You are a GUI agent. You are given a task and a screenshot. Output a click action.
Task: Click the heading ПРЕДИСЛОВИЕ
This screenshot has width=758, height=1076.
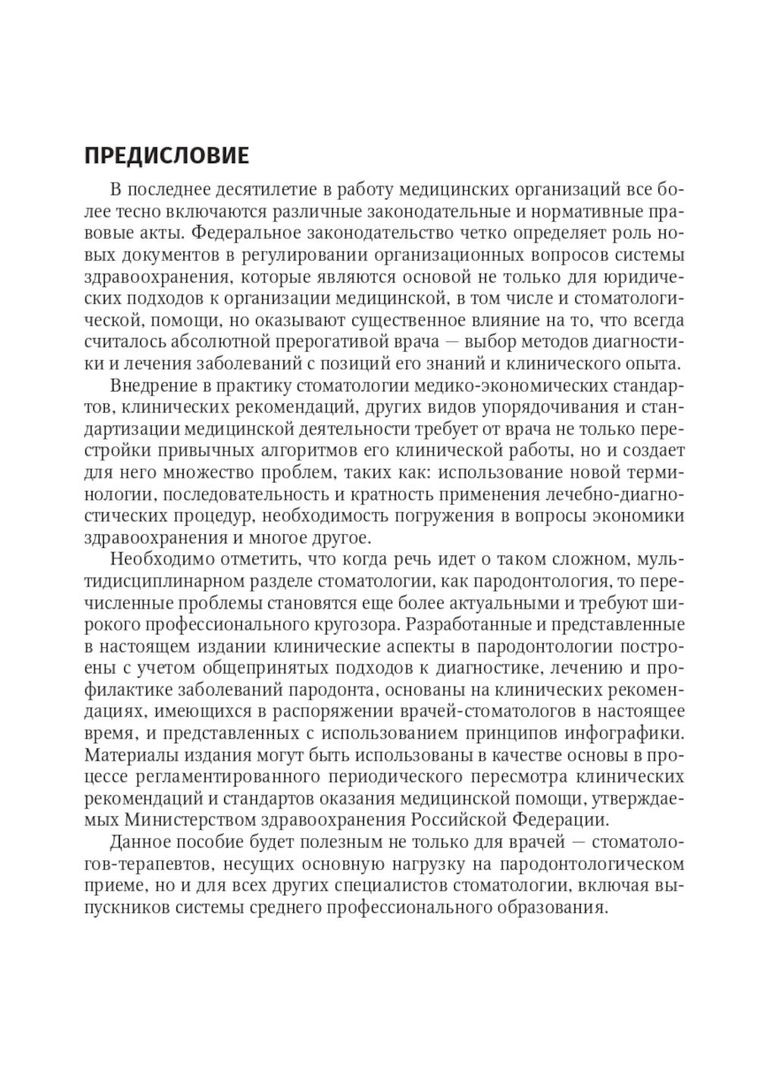tap(166, 155)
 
